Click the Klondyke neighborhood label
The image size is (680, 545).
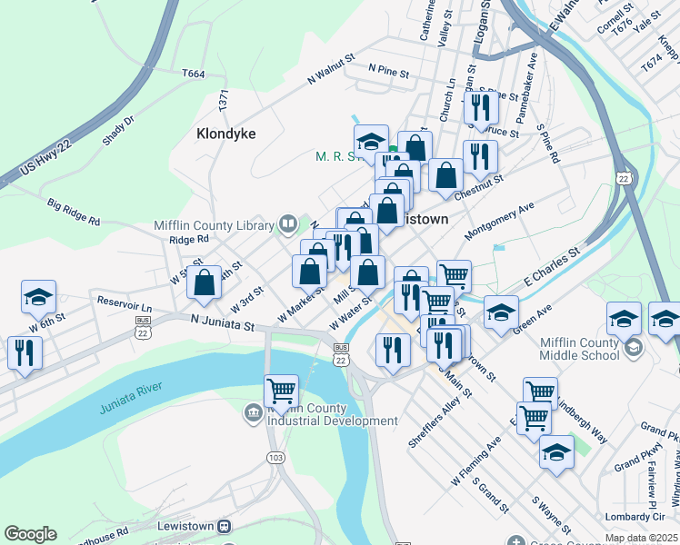click(226, 134)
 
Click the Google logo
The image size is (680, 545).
click(30, 534)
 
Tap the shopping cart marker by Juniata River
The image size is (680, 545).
click(282, 391)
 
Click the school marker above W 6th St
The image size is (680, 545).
click(39, 296)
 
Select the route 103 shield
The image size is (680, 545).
click(275, 457)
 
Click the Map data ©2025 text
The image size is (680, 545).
click(640, 538)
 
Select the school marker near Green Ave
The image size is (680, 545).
click(500, 312)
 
